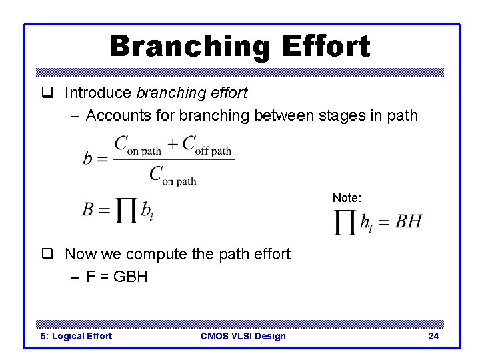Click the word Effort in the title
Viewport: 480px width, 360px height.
326,47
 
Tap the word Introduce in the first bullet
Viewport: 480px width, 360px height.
98,93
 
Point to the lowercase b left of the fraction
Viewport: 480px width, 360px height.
87,157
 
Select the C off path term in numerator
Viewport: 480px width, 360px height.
207,146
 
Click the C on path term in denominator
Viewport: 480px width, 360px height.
173,176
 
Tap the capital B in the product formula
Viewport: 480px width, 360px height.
88,209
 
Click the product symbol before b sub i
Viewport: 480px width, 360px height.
125,211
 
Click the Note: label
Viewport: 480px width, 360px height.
347,198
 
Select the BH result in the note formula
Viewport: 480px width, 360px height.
408,221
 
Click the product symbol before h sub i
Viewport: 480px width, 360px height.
345,223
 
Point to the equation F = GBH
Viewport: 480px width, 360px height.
117,276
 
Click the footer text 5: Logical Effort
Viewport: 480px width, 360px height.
76,336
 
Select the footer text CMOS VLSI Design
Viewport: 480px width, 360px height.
243,336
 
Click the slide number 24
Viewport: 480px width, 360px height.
433,336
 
